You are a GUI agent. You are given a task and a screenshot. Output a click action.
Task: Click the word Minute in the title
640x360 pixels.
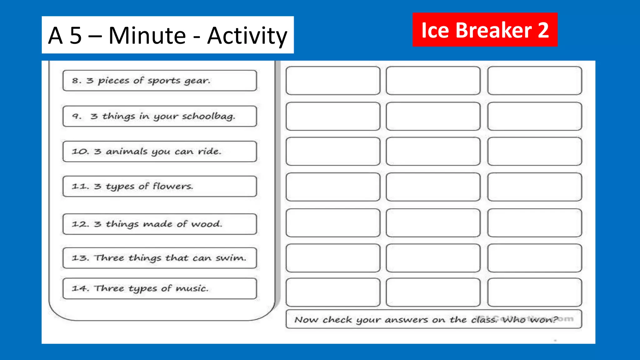147,36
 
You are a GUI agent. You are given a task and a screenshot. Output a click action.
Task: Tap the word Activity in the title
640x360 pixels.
247,36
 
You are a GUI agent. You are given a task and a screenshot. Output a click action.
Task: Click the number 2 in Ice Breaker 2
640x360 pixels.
543,30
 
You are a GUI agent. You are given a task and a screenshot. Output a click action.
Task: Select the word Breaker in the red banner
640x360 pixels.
493,30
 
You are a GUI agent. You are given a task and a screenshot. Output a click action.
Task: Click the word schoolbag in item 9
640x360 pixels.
208,117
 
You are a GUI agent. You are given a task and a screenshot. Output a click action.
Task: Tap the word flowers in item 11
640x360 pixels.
173,187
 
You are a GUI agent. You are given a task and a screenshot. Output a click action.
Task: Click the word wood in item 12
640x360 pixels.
207,224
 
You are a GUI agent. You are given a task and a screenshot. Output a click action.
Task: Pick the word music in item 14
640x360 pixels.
192,288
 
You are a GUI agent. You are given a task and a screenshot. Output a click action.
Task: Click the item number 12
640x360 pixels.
80,224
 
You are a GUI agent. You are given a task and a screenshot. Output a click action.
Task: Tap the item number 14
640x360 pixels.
80,288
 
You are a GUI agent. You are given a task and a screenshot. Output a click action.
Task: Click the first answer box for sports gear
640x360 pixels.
333,81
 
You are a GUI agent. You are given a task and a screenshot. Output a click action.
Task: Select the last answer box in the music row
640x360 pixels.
534,292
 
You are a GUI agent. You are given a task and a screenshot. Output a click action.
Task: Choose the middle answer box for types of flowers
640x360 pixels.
433,187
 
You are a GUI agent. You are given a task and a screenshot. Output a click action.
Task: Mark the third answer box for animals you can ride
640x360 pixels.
534,151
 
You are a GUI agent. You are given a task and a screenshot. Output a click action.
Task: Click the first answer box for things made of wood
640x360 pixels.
333,223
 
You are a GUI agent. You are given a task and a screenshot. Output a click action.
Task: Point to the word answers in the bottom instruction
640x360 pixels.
406,320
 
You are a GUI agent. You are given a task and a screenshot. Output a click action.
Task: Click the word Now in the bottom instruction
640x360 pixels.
306,320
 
